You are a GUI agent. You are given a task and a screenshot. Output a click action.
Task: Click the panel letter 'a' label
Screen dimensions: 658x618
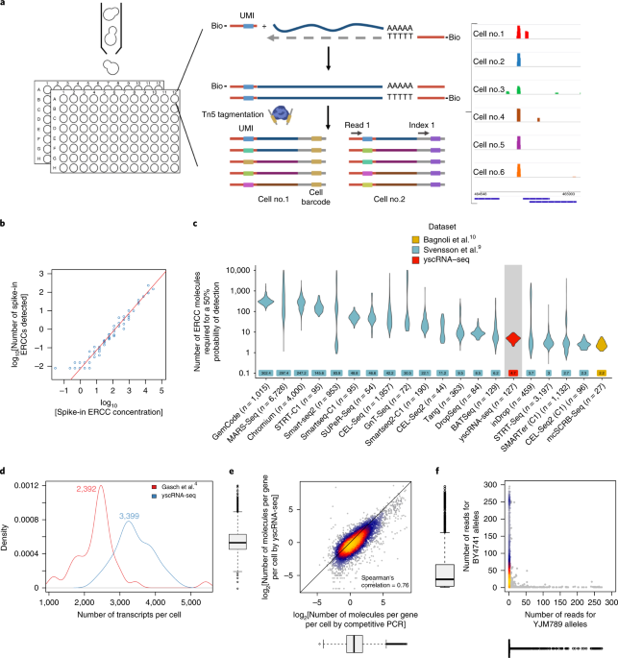[6, 7]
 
